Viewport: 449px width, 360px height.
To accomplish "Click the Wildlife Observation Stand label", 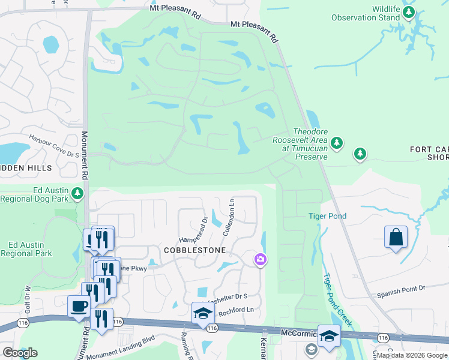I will tap(366, 13).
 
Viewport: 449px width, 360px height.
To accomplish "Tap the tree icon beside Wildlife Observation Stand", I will tap(409, 12).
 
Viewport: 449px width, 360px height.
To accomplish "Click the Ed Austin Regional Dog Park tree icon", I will tap(77, 193).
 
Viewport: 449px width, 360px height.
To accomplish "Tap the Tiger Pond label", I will tap(327, 216).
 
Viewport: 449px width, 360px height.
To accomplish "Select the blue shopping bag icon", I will tap(396, 236).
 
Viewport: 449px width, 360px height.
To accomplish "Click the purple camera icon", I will tap(261, 260).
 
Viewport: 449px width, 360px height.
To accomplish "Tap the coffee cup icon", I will tap(78, 307).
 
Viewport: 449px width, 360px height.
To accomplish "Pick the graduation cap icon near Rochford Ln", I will tap(203, 313).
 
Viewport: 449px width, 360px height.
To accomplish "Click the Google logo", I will tap(20, 353).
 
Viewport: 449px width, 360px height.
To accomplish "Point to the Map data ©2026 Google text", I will tap(412, 356).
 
